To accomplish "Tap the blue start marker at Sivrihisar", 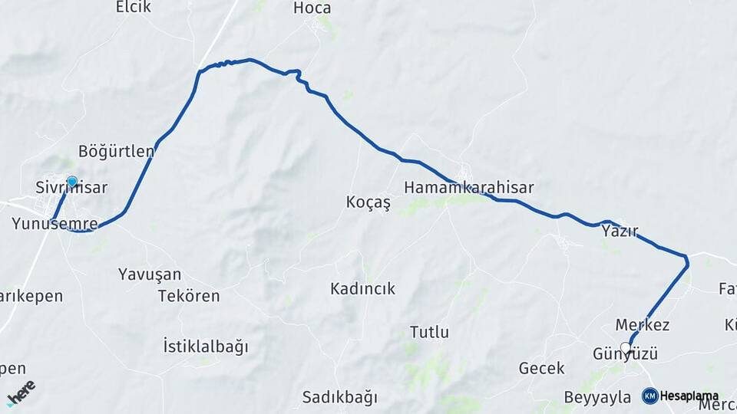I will [71, 182].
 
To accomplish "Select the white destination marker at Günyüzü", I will [626, 348].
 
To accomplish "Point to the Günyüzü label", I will [625, 354].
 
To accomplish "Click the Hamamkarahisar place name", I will [468, 187].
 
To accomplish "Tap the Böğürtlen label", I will [116, 151].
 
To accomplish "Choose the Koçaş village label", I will [368, 202].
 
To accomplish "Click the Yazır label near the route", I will [620, 231].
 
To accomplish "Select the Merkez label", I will [643, 325].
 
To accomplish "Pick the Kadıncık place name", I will [362, 289].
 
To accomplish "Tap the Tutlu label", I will [429, 333].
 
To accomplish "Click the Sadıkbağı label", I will [340, 398].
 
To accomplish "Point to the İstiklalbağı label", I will [206, 347].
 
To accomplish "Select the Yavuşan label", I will [150, 274].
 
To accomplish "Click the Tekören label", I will [189, 296].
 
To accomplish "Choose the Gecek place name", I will [541, 369].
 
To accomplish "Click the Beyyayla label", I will [597, 397].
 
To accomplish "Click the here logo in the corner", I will [21, 392].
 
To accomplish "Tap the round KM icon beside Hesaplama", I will [649, 396].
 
